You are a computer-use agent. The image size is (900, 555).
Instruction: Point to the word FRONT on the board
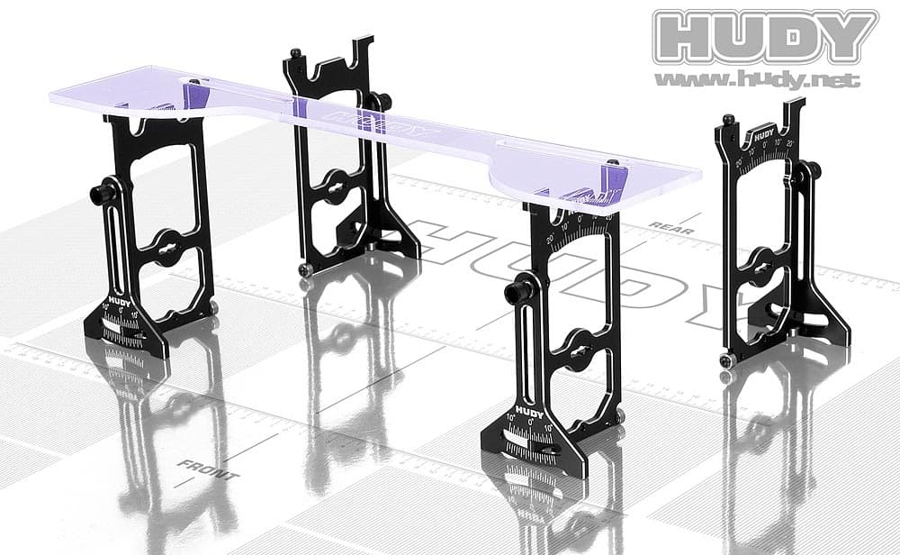point(208,469)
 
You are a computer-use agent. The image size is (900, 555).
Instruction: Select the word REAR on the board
point(671,229)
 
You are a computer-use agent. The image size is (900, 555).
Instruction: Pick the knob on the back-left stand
point(382,101)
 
